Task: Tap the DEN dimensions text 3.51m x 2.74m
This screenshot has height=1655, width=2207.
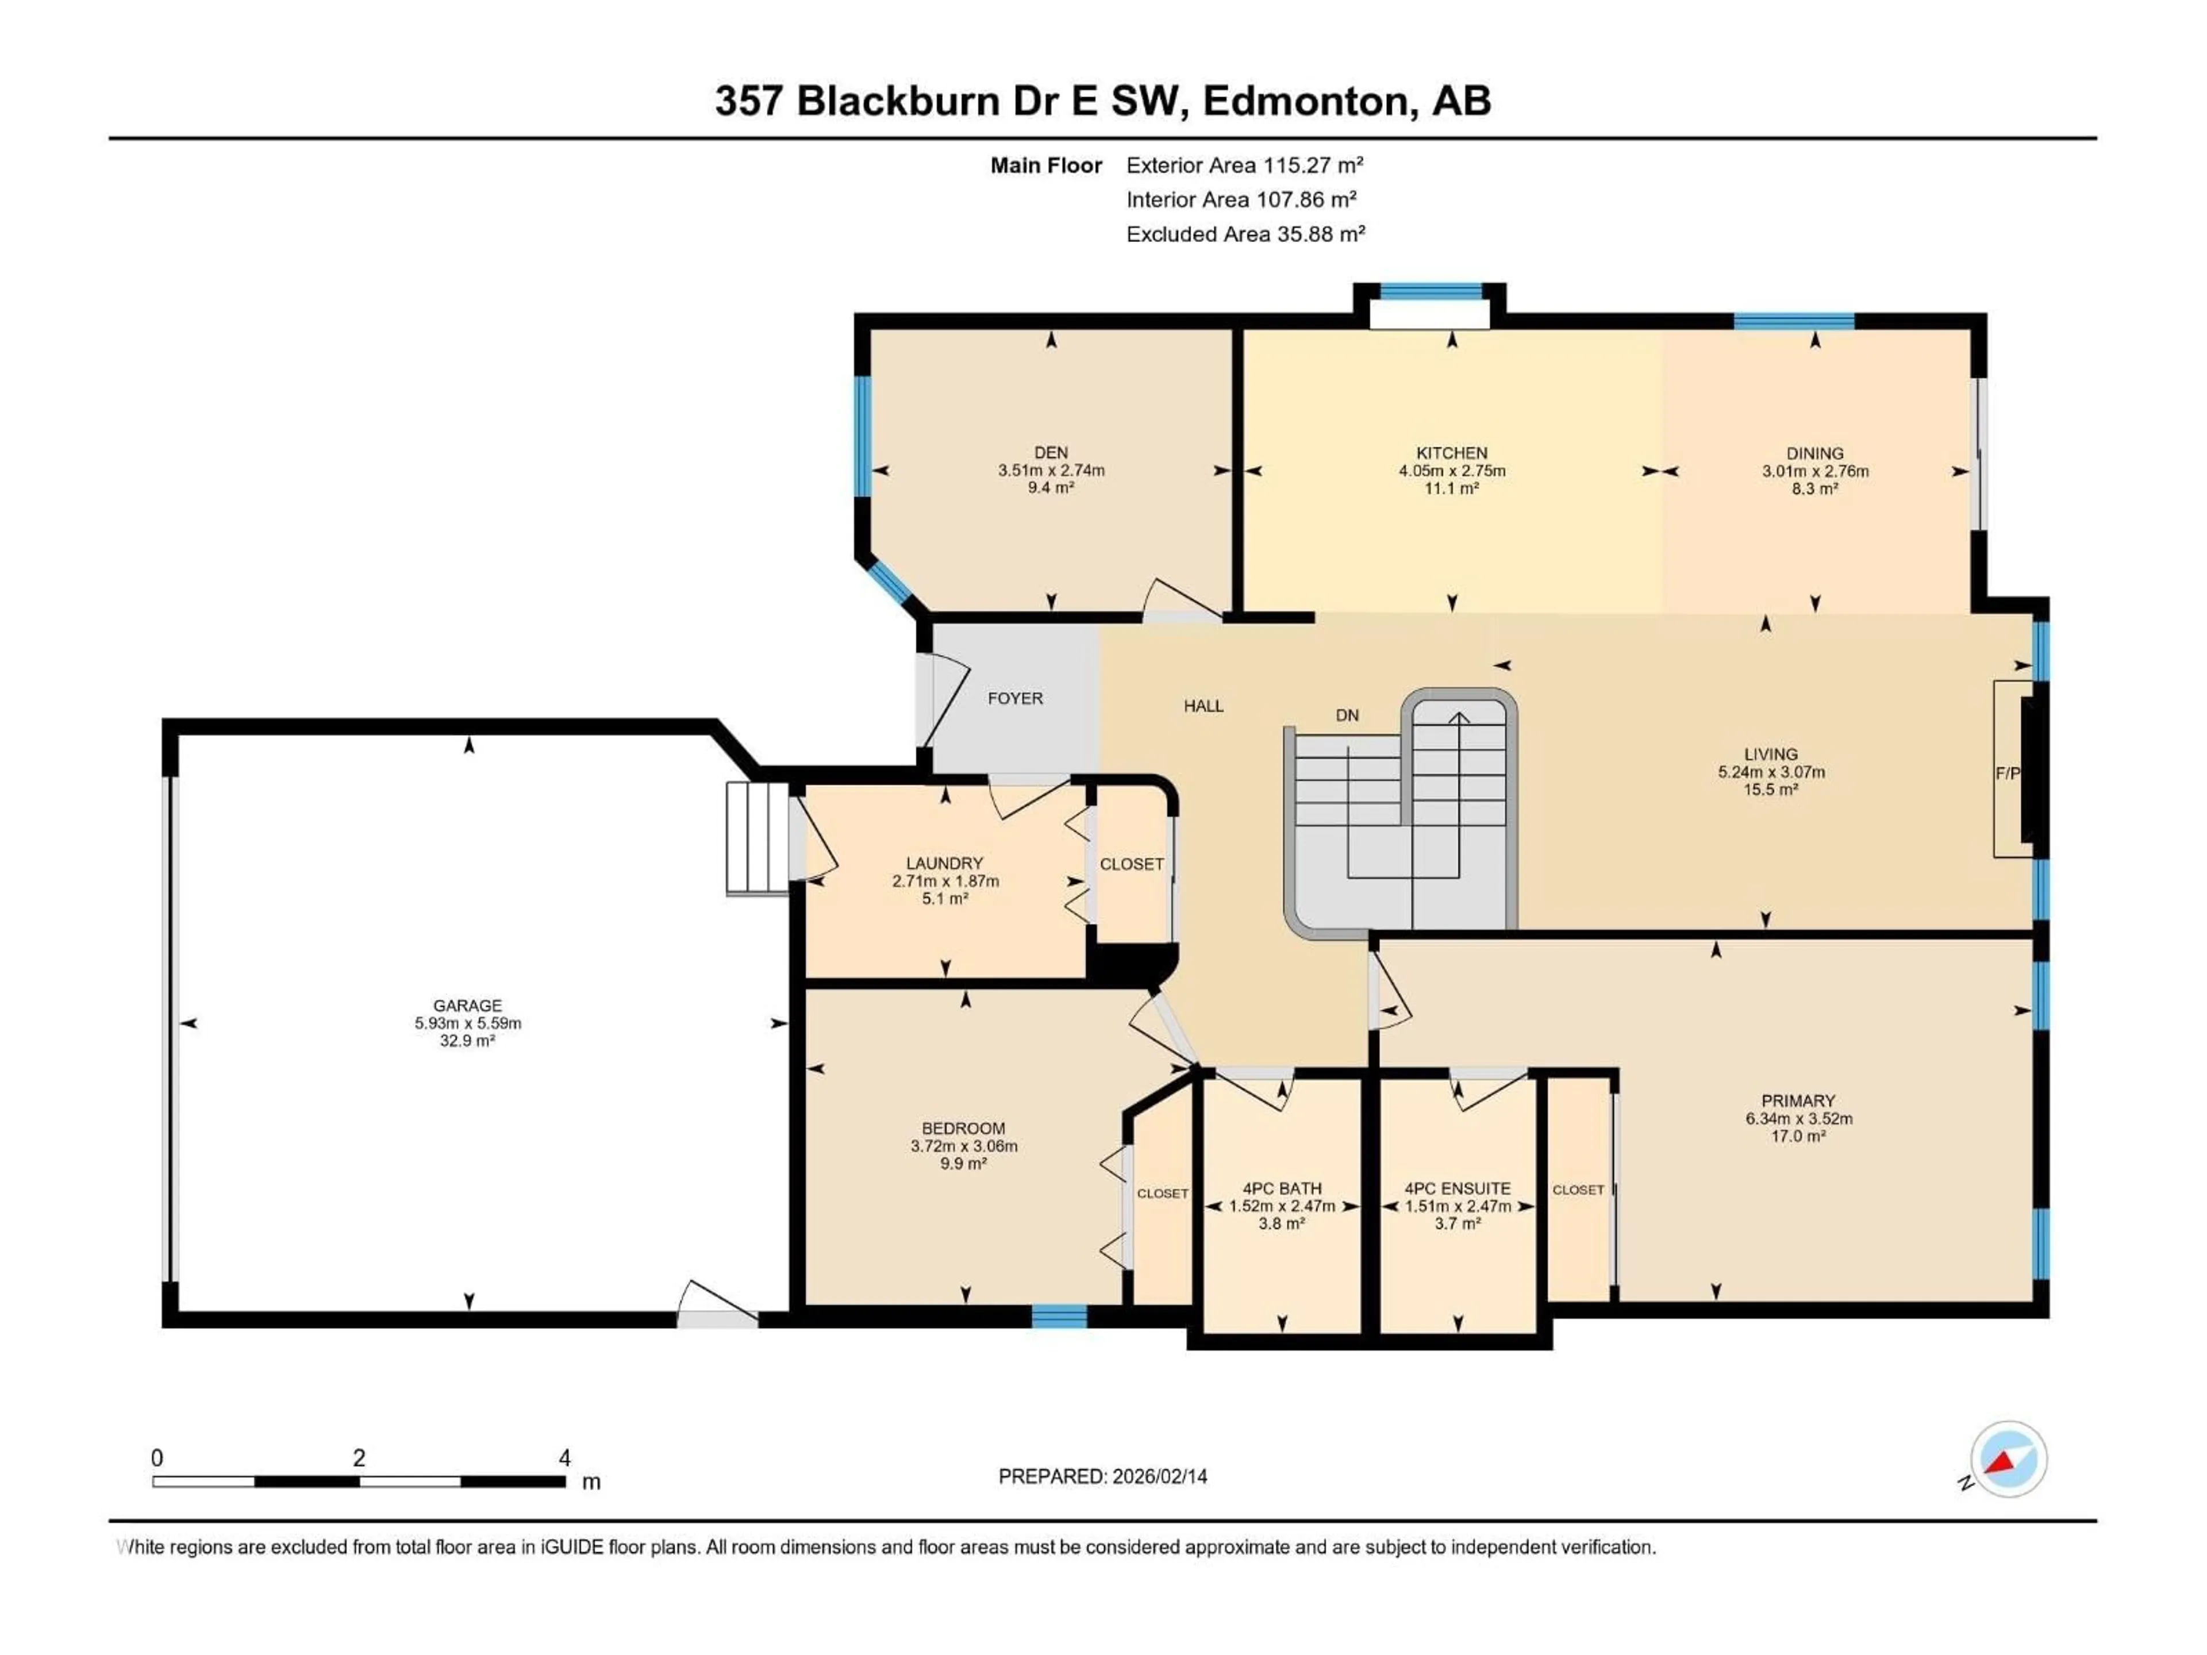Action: [1051, 471]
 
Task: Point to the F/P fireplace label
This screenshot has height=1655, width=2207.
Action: [2006, 773]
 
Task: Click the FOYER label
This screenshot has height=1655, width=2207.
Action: [1014, 698]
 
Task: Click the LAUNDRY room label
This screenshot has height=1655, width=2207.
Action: [944, 863]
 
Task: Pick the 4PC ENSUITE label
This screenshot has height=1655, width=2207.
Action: [1457, 1188]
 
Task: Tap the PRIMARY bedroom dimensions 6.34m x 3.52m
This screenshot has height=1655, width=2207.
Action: [1798, 1118]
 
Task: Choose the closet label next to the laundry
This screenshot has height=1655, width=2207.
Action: [1132, 864]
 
